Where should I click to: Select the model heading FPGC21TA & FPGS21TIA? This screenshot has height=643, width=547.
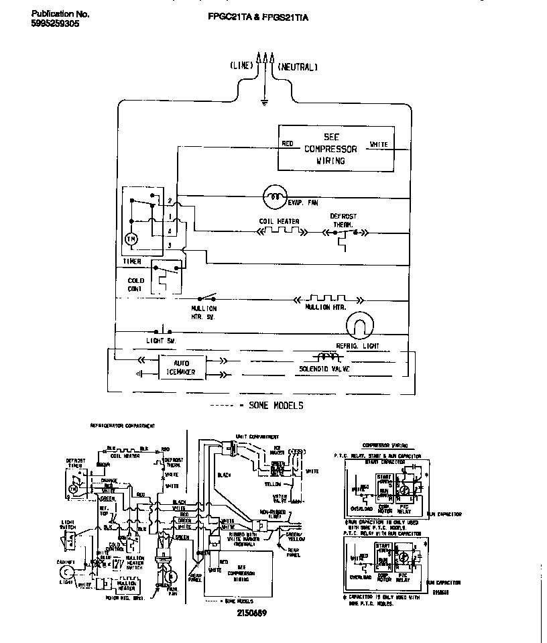(258, 18)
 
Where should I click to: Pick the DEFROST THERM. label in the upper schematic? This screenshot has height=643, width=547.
(343, 221)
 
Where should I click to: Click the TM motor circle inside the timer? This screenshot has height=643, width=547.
(132, 238)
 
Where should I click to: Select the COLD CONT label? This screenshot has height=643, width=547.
(136, 285)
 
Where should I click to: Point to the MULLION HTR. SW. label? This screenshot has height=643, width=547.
(204, 312)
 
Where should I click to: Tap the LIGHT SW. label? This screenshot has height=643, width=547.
(160, 341)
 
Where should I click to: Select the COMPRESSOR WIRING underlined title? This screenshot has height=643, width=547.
(381, 445)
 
